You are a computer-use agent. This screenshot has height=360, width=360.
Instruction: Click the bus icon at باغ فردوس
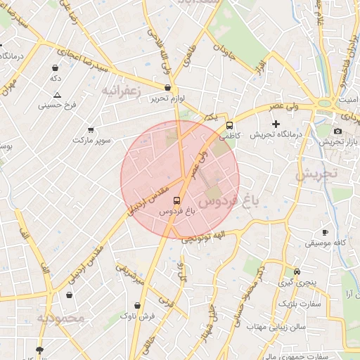(x=176, y=200)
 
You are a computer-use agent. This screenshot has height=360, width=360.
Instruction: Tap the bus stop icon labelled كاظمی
(x=229, y=126)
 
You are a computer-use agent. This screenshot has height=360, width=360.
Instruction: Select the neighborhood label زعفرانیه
(x=122, y=91)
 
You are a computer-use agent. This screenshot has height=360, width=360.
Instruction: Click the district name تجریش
(x=316, y=174)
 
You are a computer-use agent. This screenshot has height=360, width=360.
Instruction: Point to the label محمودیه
(x=60, y=319)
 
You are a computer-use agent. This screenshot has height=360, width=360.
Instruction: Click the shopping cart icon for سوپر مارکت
(x=91, y=129)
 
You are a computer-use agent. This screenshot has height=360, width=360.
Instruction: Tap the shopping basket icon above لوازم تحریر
(x=167, y=88)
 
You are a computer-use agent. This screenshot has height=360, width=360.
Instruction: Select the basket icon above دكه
(x=56, y=67)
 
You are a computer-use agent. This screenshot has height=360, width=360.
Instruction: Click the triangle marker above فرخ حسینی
(x=57, y=95)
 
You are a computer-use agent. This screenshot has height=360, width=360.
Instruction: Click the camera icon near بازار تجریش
(x=337, y=131)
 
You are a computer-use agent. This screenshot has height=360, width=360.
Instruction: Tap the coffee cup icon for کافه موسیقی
(x=324, y=232)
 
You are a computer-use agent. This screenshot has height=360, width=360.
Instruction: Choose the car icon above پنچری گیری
(x=297, y=271)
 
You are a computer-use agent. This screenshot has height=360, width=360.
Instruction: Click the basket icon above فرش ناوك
(x=137, y=306)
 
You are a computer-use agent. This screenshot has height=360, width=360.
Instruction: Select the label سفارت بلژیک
(x=299, y=304)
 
